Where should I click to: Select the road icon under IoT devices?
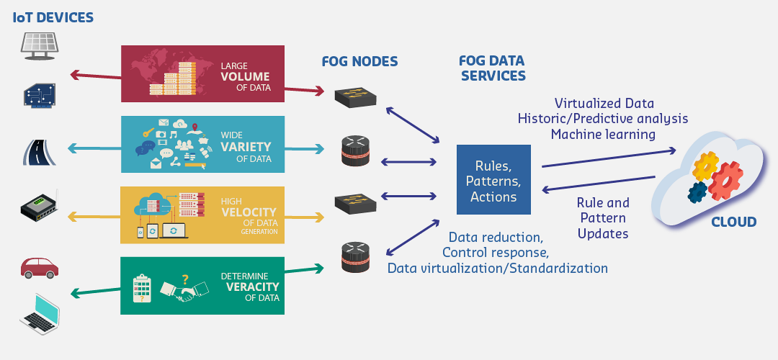click(40, 152)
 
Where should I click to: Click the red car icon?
click(40, 267)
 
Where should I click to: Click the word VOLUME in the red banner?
click(246, 76)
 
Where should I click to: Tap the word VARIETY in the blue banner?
click(246, 147)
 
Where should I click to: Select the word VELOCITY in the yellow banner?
click(249, 212)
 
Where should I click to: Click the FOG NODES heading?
click(359, 62)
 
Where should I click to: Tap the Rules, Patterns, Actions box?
click(493, 180)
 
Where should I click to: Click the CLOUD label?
click(733, 222)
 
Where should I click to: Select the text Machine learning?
click(602, 134)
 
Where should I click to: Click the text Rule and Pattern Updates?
click(603, 218)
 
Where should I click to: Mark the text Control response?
click(496, 252)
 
